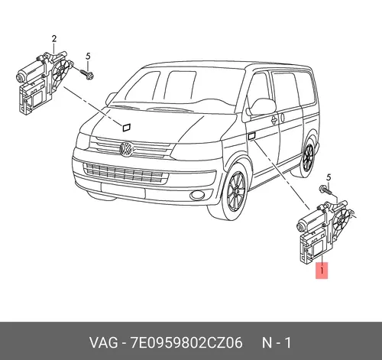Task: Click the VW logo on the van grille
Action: [126, 148]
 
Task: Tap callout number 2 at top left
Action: [54, 39]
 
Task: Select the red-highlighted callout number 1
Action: [322, 271]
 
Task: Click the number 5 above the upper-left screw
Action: [88, 57]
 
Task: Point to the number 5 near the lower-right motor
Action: [329, 177]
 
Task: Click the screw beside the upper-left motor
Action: [86, 73]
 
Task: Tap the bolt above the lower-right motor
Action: [325, 190]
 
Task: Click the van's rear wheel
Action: [308, 157]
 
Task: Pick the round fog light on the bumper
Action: [197, 195]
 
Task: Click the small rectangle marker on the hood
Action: [127, 128]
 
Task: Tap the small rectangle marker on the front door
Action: [251, 136]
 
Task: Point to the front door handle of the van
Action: [274, 119]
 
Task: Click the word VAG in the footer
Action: [104, 342]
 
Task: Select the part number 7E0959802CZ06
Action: [186, 342]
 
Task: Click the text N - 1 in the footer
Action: [277, 342]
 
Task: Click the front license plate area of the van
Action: [123, 190]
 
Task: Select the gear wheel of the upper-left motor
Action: [60, 70]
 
